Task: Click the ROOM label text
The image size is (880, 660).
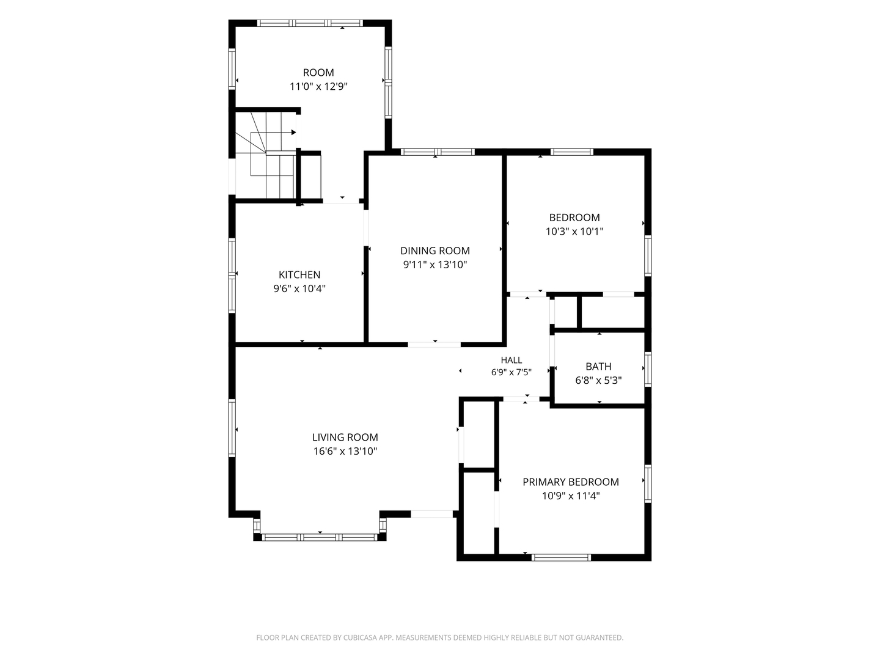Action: [x=318, y=73]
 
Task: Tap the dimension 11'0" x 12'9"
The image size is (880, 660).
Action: [x=318, y=87]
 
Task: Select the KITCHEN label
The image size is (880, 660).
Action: [x=299, y=274]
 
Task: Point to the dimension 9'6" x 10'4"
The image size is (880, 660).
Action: [x=299, y=288]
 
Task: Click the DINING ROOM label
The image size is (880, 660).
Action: [x=435, y=251]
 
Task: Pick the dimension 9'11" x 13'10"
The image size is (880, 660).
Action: [x=435, y=265]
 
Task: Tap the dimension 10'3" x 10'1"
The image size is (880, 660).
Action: [x=574, y=231]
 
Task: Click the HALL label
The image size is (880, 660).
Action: [x=511, y=360]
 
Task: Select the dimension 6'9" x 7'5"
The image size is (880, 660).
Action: [x=511, y=372]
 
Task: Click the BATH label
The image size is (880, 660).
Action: [x=598, y=366]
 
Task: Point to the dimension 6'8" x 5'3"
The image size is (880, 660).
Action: [x=598, y=380]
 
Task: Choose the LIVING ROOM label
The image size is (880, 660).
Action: [x=345, y=437]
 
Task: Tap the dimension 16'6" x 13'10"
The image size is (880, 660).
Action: [x=345, y=451]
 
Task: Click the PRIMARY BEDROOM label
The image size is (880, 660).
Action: [x=571, y=482]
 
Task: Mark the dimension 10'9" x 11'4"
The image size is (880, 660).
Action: [x=571, y=496]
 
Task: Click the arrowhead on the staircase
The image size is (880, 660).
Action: [x=293, y=132]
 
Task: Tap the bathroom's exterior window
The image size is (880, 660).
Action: [x=647, y=369]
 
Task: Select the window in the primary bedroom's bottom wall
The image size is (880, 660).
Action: [x=561, y=557]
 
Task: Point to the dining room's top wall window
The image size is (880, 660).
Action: [x=438, y=152]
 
